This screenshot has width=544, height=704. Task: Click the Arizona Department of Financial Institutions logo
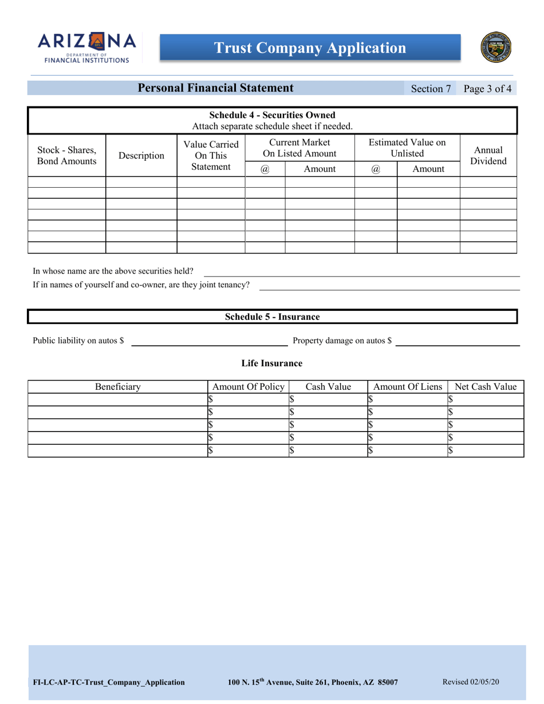(86, 48)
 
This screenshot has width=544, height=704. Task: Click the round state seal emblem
(498, 48)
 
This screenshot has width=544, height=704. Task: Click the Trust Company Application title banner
(310, 48)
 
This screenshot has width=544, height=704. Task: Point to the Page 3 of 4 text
(487, 89)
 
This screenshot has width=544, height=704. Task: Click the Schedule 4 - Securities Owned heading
(272, 115)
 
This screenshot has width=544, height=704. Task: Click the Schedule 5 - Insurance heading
(272, 317)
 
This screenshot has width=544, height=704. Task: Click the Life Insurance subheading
(271, 363)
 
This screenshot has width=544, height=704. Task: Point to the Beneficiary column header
(118, 387)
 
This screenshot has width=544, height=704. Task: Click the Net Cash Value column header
(486, 387)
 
